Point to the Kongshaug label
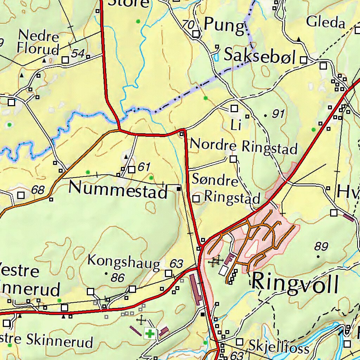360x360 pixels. pyautogui.click(x=123, y=262)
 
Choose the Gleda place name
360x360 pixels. pyautogui.click(x=326, y=22)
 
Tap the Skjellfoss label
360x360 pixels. pyautogui.click(x=279, y=347)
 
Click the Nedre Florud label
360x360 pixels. pyautogui.click(x=38, y=42)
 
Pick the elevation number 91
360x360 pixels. pyautogui.click(x=278, y=114)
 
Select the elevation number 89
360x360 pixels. pyautogui.click(x=321, y=246)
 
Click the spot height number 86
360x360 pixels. pyautogui.click(x=118, y=278)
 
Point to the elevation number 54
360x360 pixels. pyautogui.click(x=78, y=53)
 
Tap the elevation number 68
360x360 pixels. pyautogui.click(x=38, y=190)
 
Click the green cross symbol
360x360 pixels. pyautogui.click(x=150, y=333)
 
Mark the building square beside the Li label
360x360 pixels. pyautogui.click(x=234, y=109)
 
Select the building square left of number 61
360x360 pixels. pyautogui.click(x=131, y=170)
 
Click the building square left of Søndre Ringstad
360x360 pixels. pyautogui.click(x=196, y=199)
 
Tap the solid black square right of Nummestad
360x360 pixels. pyautogui.click(x=179, y=189)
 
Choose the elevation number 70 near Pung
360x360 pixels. pyautogui.click(x=188, y=25)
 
